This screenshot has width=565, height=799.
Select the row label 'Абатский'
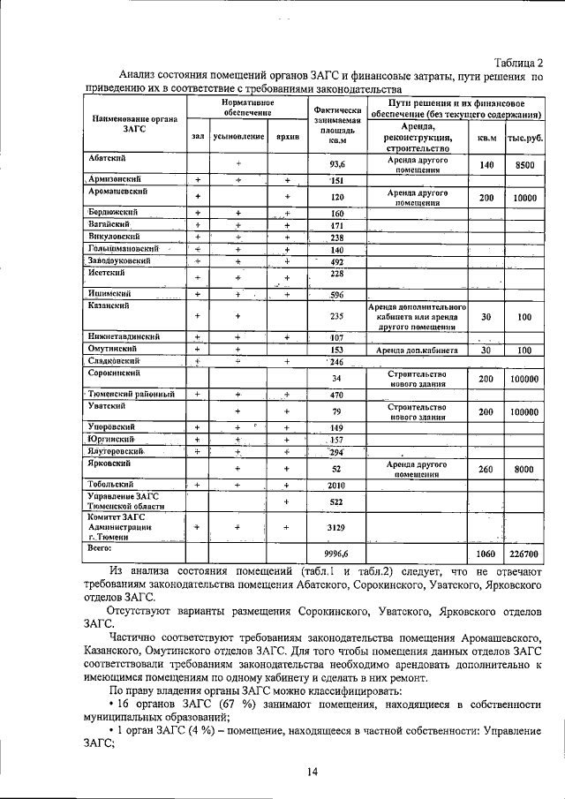click(x=106, y=157)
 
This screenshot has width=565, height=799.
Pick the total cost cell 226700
click(x=524, y=554)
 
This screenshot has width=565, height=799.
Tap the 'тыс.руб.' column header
click(x=524, y=137)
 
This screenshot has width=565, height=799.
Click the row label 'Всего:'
click(x=101, y=548)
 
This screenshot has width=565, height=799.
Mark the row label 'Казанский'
click(x=109, y=305)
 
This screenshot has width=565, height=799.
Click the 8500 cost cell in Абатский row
click(x=524, y=165)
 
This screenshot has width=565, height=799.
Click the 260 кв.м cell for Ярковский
click(x=486, y=470)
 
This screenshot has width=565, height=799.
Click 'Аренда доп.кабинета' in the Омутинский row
click(x=417, y=350)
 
